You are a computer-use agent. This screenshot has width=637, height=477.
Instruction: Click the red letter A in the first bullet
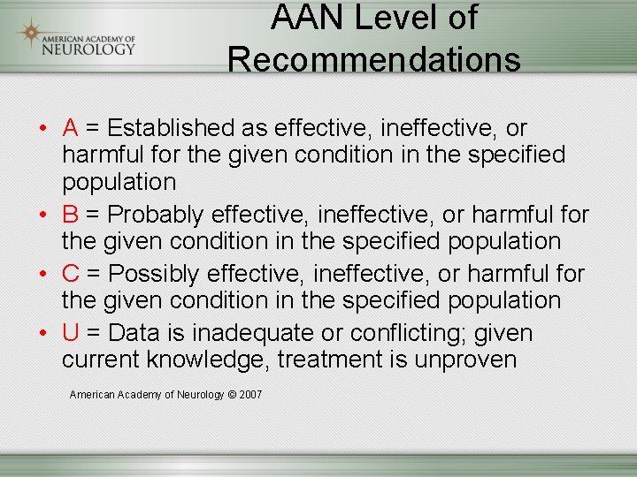click(x=71, y=128)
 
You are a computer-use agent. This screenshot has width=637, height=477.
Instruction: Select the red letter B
click(x=71, y=215)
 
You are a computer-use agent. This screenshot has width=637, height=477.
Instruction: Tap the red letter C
click(x=72, y=275)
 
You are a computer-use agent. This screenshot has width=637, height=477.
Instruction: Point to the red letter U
click(x=71, y=334)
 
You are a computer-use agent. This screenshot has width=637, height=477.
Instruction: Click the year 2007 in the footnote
click(x=250, y=395)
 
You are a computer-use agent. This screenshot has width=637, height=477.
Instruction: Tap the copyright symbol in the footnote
click(x=232, y=395)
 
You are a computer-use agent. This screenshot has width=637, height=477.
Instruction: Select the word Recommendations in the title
click(x=373, y=59)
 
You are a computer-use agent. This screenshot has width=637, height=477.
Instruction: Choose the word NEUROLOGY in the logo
click(x=89, y=49)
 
